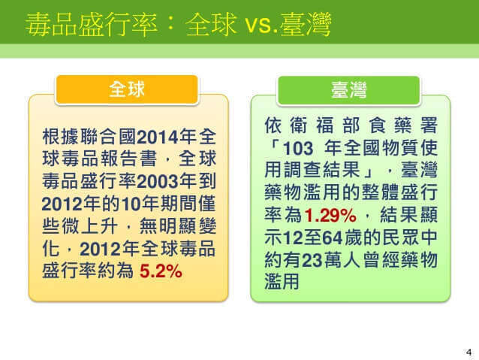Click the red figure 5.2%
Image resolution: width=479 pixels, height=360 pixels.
click(161, 271)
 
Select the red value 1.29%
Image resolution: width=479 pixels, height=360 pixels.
click(330, 215)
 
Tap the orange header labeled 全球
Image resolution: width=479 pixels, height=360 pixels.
click(127, 89)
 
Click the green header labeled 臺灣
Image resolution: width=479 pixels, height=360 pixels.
click(348, 90)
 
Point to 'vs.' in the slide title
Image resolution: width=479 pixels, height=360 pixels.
click(261, 25)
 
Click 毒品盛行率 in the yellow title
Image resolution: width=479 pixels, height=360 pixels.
click(91, 25)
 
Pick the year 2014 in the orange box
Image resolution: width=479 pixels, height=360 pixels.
click(158, 137)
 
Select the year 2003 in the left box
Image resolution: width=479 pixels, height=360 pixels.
click(158, 181)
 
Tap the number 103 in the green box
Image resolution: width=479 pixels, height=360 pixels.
click(298, 148)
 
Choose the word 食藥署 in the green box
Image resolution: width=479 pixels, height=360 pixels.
click(403, 126)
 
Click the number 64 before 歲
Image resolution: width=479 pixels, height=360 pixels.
click(333, 237)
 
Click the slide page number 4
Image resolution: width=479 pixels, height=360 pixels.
click(468, 352)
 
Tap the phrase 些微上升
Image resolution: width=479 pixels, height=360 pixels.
click(80, 226)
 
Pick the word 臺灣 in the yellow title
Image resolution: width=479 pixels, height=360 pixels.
click(306, 25)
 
